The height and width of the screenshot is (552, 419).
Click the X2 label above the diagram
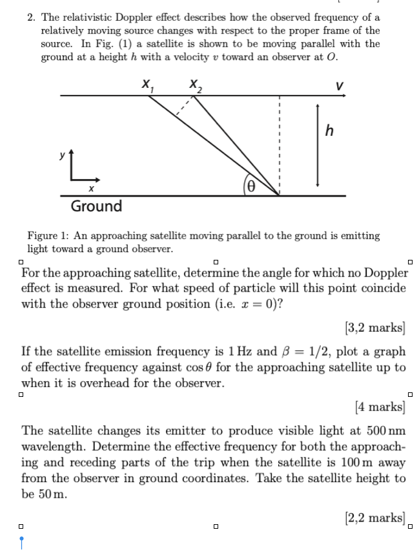pos(194,84)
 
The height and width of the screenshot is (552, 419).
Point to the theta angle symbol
pos(253,185)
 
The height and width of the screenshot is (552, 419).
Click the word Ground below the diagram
pos(96,206)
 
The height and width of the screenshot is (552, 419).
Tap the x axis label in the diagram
pos(92,188)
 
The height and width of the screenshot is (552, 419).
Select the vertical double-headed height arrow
pos(316,143)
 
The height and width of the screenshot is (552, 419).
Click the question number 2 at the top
pos(32,17)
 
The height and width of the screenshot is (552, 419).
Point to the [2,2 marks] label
pos(376,516)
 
